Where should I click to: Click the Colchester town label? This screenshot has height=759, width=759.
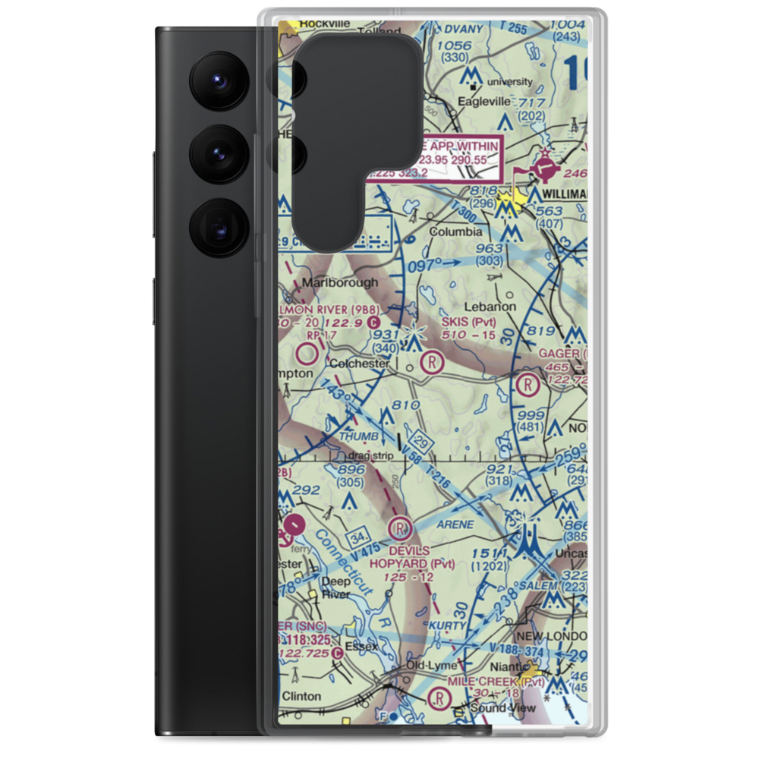coord(359,364)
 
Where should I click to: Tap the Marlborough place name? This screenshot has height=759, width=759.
coord(340,282)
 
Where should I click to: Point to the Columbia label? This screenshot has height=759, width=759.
coord(455,231)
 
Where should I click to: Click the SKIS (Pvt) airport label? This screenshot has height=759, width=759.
coord(468,321)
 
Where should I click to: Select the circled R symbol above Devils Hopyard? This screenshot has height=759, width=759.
coord(400,528)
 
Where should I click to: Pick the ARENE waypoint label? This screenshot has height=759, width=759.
coord(455,524)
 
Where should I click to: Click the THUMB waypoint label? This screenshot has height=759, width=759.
coord(358,436)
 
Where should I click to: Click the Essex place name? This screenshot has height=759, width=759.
coord(361,647)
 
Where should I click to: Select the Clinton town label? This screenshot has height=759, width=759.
coord(302,696)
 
